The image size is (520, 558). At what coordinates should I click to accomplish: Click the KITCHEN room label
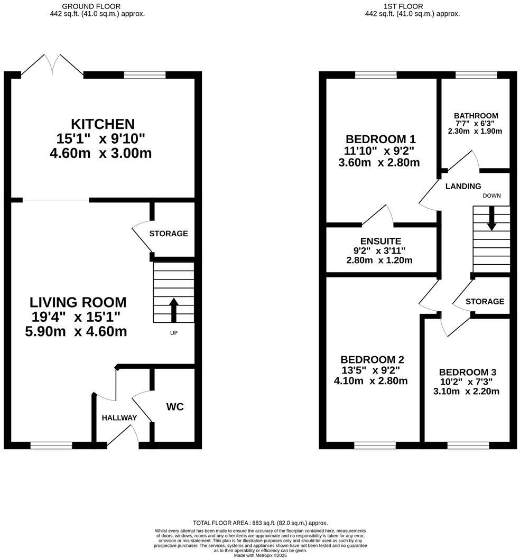[x=103, y=124]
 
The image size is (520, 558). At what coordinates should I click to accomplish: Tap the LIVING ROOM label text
[x=78, y=302]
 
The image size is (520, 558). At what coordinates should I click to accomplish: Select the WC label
[x=175, y=407]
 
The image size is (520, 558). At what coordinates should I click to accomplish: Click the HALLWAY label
[x=119, y=418]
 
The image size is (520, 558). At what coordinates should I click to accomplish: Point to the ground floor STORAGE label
[x=168, y=234]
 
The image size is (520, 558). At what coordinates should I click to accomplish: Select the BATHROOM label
[x=476, y=116]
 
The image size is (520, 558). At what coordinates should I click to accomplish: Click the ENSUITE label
[x=380, y=241]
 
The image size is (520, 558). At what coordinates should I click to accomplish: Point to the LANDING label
[x=463, y=186]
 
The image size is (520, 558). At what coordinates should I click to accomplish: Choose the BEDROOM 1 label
[x=380, y=139]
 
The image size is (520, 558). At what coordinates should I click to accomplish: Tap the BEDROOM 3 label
[x=467, y=371]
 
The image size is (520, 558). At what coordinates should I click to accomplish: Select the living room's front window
[x=51, y=445]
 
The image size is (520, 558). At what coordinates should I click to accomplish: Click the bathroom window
[x=476, y=75]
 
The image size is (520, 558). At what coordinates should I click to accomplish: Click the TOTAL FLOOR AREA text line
[x=260, y=522]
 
